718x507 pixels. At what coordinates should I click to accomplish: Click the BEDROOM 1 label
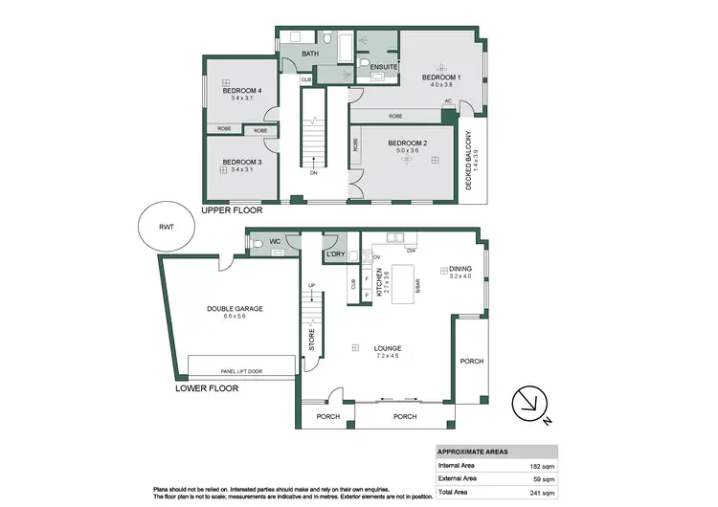(441, 77)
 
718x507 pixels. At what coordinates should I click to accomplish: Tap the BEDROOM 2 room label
(408, 143)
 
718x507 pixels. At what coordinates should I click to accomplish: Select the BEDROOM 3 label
(242, 162)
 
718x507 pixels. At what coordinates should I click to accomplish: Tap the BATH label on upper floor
(310, 55)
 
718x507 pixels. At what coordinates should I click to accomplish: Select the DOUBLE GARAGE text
(235, 309)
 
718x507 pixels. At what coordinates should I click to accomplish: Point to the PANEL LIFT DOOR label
(242, 370)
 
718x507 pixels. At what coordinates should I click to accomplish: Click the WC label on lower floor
(274, 242)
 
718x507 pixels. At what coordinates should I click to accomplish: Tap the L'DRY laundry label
(335, 254)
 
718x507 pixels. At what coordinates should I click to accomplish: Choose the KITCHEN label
(380, 284)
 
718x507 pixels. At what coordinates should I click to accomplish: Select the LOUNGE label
(387, 348)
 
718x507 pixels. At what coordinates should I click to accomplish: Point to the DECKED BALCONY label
(469, 160)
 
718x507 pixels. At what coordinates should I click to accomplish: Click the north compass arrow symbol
(528, 402)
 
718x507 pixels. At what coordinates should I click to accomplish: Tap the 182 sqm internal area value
(542, 466)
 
